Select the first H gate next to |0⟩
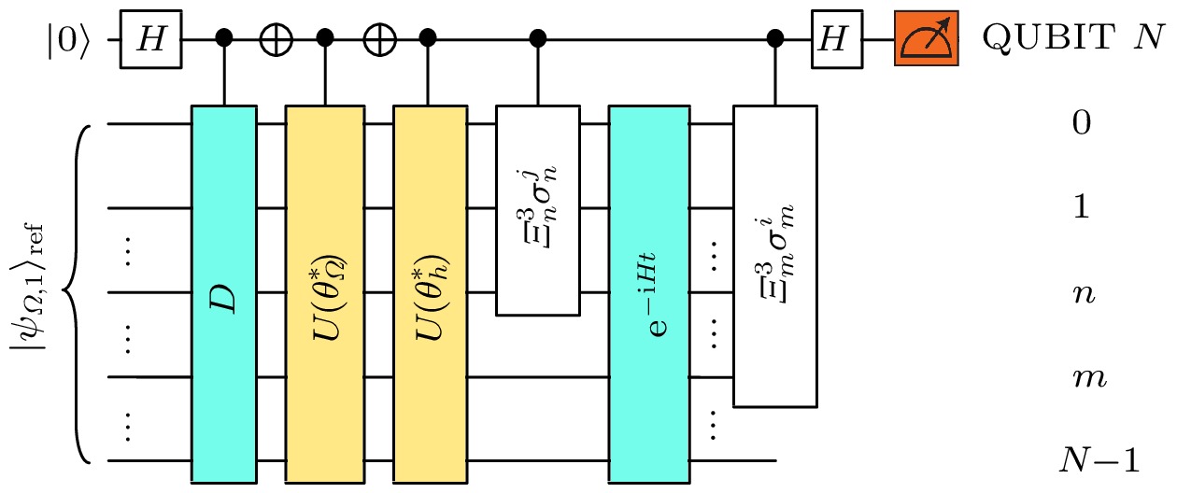click(149, 40)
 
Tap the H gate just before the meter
click(830, 40)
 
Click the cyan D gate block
click(223, 293)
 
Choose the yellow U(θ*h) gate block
click(429, 293)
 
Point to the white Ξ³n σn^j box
click(536, 209)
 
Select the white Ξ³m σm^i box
click(774, 256)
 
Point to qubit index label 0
click(1081, 124)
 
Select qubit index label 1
click(1081, 208)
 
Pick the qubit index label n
click(1081, 293)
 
